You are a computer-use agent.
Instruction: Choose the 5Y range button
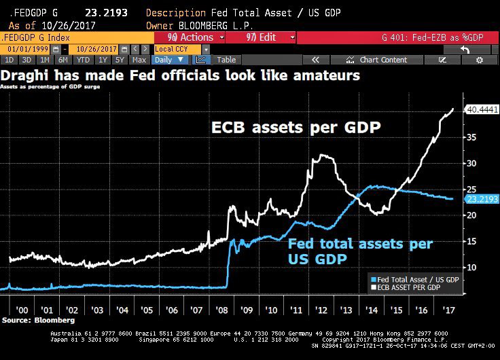120,60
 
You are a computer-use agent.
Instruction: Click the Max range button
138,60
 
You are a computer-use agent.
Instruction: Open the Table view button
226,60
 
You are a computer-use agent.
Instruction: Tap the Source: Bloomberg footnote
30,319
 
